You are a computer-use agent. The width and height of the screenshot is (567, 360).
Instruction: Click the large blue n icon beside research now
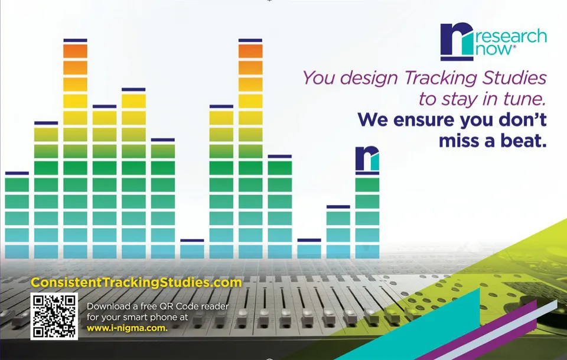coord(457,41)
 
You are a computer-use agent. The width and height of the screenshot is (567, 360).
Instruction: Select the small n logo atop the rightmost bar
coord(367,159)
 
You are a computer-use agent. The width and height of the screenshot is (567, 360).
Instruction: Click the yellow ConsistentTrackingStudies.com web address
coord(136,282)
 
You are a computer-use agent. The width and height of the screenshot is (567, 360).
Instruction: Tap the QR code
coord(54,316)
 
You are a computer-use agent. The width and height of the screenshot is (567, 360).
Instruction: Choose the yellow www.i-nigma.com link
coord(128,328)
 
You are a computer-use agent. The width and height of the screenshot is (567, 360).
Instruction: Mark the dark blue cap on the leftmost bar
coord(17,173)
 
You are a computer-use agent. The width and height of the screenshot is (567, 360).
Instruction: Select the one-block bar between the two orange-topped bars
coord(192,249)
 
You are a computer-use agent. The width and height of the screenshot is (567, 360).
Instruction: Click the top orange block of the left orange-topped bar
coord(75,51)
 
